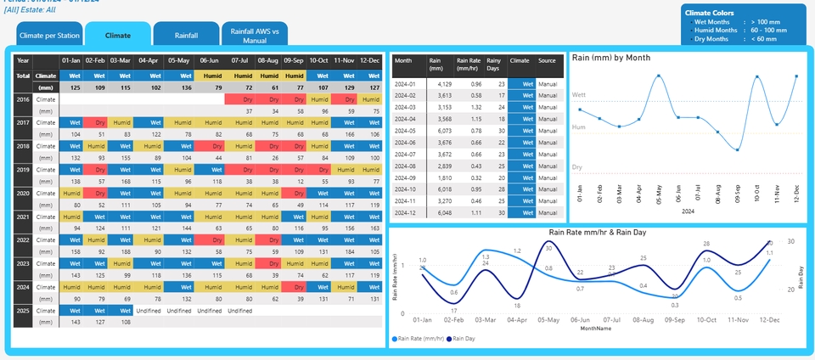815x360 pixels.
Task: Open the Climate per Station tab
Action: [x=50, y=36]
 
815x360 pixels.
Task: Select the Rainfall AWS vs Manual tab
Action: [x=255, y=35]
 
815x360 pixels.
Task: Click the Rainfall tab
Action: [x=187, y=36]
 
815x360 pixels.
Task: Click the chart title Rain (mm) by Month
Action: [x=611, y=58]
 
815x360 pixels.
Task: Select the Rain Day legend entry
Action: [x=464, y=339]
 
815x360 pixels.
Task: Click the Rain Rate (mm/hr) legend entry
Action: [x=419, y=339]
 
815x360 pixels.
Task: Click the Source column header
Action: [x=548, y=61]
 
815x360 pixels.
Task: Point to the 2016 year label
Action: [x=23, y=99]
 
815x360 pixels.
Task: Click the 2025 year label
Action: [x=23, y=311]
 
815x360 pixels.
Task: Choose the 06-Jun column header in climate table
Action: [x=209, y=60]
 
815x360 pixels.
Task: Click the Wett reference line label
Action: [x=579, y=95]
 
